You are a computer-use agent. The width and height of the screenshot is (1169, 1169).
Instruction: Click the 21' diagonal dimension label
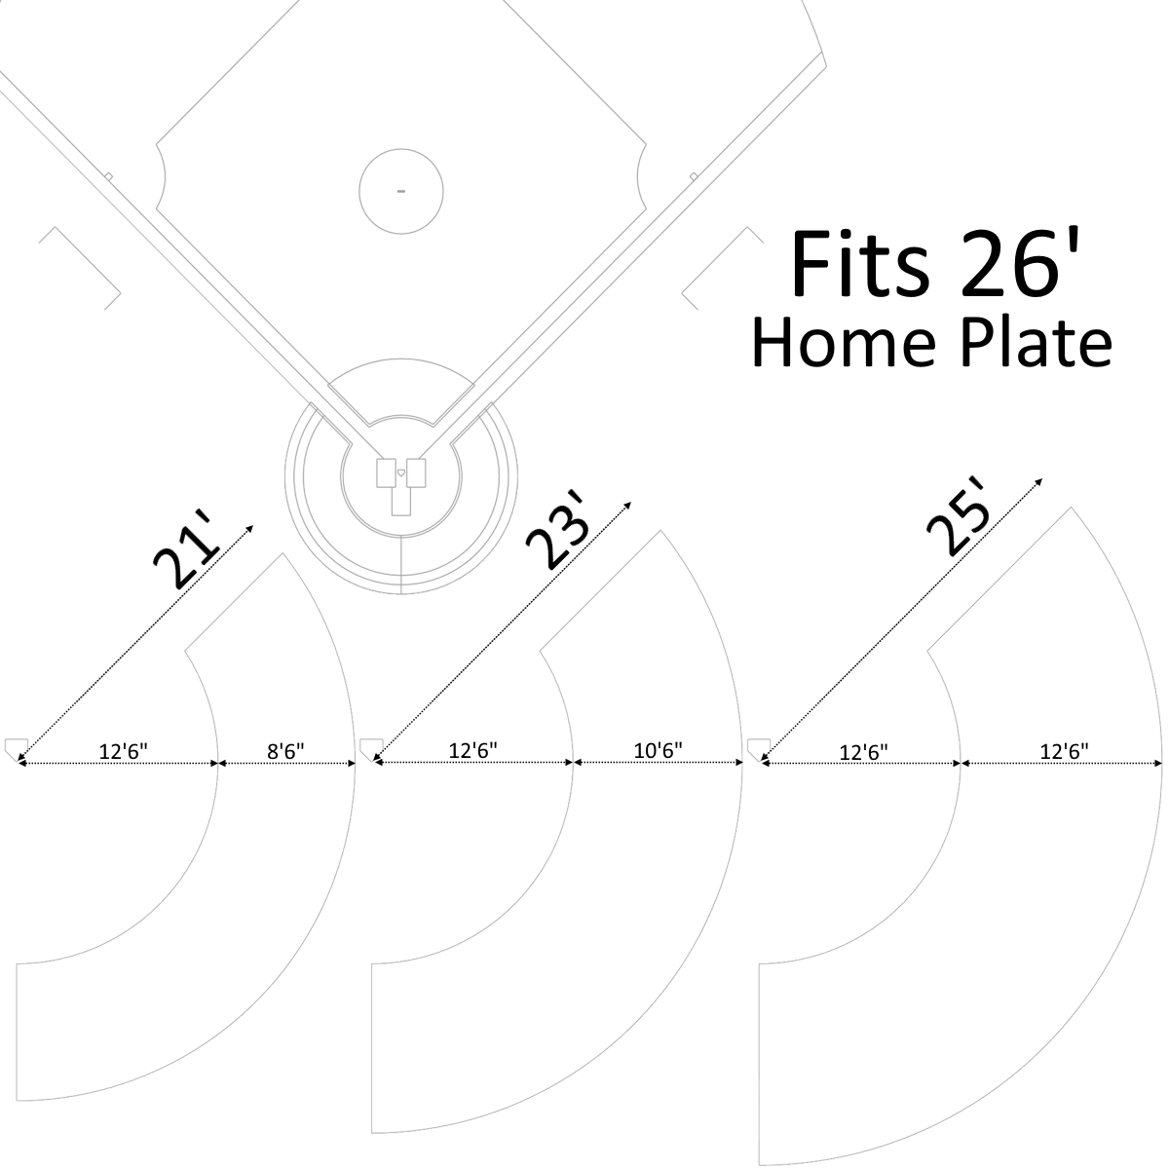185,549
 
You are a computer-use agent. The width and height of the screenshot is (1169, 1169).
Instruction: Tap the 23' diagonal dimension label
557,530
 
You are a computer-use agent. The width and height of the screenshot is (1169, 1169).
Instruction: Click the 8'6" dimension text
285,752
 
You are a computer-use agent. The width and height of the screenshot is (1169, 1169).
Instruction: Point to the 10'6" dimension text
658,751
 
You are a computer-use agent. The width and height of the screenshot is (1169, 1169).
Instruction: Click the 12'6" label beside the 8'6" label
123,752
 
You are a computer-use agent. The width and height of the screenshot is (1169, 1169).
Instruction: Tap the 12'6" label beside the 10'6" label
472,751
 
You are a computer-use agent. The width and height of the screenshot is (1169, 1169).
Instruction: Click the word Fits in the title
860,264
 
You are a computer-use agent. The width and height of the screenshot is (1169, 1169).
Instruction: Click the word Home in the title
845,343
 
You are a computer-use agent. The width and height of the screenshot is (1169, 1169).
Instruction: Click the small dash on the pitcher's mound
401,191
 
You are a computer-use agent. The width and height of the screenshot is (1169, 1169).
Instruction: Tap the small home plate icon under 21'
17,748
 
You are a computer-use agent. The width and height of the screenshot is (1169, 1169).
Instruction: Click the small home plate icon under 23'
372,748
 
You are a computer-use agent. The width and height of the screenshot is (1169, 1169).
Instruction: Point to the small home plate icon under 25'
759,748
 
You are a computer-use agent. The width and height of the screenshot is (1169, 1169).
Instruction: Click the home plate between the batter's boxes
401,472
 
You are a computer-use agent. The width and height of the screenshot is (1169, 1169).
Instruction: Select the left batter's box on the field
387,473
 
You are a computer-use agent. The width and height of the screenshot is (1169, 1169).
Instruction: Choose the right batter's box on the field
416,473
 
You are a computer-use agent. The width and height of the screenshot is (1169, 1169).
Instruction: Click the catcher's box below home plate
401,501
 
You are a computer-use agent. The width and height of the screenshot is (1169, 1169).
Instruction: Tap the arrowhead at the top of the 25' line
1039,482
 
